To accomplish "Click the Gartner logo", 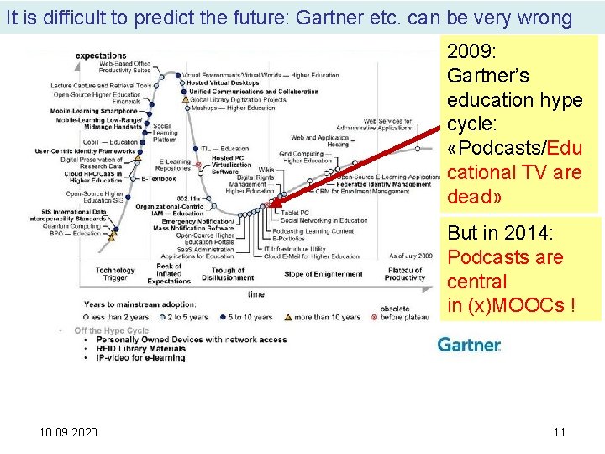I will pos(469,345).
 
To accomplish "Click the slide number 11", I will pos(560,432).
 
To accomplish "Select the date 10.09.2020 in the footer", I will pos(67,432).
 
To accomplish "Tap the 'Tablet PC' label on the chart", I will pos(293,213).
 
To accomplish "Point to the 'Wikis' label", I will pos(266,170).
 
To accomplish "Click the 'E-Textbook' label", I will pos(158,178).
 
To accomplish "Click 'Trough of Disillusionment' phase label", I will pos(228,274).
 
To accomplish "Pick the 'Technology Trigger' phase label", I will pos(115,275).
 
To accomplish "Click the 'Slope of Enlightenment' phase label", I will pos(324,274).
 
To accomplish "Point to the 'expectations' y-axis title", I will pos(101,56).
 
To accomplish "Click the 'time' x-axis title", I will pos(255,294).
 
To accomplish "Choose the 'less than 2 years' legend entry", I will pos(119,318).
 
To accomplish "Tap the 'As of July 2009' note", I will pos(410,256).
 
